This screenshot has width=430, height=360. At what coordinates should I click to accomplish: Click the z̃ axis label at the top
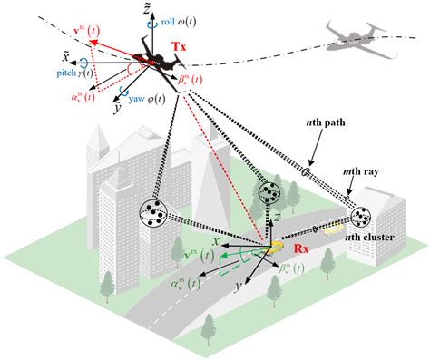(x=136, y=8)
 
